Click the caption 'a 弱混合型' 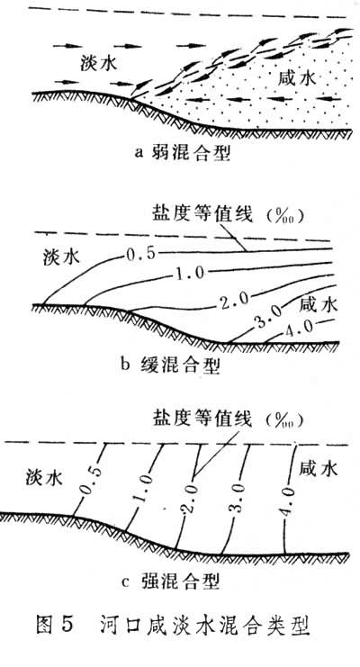coord(183,153)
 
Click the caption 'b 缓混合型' coord(169,365)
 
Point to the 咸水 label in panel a coord(297,78)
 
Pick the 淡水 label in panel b coord(61,257)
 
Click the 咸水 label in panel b coord(319,304)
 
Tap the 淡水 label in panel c coord(44,478)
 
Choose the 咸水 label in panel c coord(319,468)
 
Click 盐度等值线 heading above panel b coord(202,214)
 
